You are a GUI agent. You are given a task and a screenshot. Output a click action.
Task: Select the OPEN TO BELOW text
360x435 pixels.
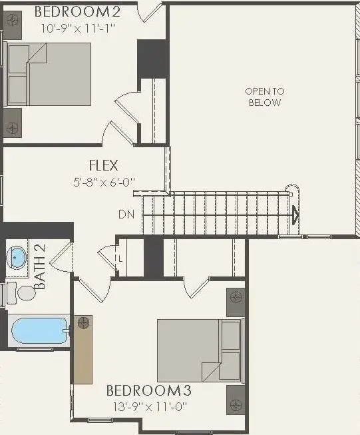coord(264,97)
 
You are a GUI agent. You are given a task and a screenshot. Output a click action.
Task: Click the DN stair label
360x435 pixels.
coord(126,215)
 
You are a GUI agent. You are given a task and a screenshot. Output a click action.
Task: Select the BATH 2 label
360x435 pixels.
coord(39,267)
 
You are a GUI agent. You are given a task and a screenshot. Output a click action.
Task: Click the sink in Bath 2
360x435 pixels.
coord(17,256)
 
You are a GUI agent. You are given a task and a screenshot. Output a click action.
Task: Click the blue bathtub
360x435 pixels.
coord(39,330)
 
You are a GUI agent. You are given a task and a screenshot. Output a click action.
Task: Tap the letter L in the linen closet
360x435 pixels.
coord(120,258)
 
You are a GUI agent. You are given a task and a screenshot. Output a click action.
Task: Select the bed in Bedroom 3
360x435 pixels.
coord(198,350)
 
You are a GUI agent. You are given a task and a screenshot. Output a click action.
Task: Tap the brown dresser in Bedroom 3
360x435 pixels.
coord(83,350)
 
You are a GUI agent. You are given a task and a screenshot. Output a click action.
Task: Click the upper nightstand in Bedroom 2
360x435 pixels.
coord(12,21)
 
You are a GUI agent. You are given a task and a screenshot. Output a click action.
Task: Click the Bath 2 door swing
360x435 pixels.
coord(61,256)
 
